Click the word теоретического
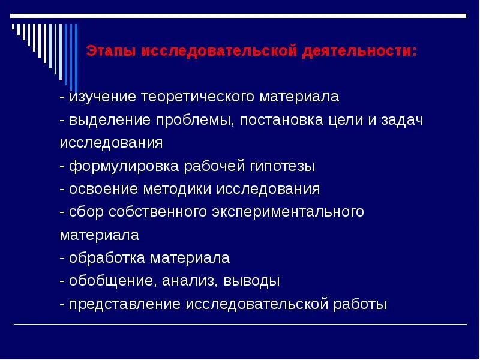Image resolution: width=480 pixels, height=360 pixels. point(194,97)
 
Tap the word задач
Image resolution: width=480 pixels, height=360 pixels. point(403,120)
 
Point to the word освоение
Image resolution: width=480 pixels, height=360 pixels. point(103,190)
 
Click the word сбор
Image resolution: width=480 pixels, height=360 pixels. point(85,212)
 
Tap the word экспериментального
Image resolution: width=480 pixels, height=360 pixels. point(287,212)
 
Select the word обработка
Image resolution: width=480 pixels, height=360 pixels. point(107,259)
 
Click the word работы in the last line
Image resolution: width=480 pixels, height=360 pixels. point(361,304)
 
